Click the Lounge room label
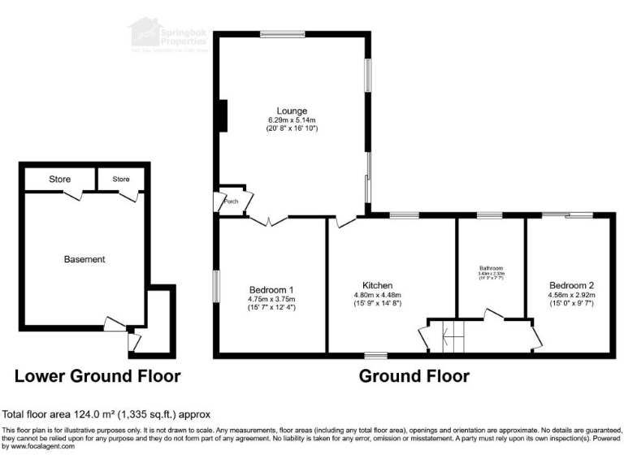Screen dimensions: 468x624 pos(292,110)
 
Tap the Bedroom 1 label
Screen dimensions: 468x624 pos(271,290)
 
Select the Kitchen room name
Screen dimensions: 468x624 pos(378,285)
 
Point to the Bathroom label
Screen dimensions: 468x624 pos(491,268)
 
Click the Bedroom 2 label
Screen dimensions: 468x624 pos(571,285)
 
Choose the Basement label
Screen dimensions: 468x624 pos(84,259)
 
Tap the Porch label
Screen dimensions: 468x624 pos(231,201)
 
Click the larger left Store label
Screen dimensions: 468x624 pos(59,179)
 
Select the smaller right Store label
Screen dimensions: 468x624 pos(120,179)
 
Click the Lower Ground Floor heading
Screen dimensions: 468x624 pos(97,376)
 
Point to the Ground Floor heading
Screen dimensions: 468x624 pos(414,376)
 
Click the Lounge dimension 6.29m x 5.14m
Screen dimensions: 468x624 pos(292,120)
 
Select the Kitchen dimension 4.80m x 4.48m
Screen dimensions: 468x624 pos(378,295)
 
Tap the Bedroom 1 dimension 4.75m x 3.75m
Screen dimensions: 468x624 pos(271,299)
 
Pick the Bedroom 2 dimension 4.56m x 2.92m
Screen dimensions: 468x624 pos(571,295)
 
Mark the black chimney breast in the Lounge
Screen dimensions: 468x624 pos(221,115)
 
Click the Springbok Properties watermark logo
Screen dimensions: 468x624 pos(167,34)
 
